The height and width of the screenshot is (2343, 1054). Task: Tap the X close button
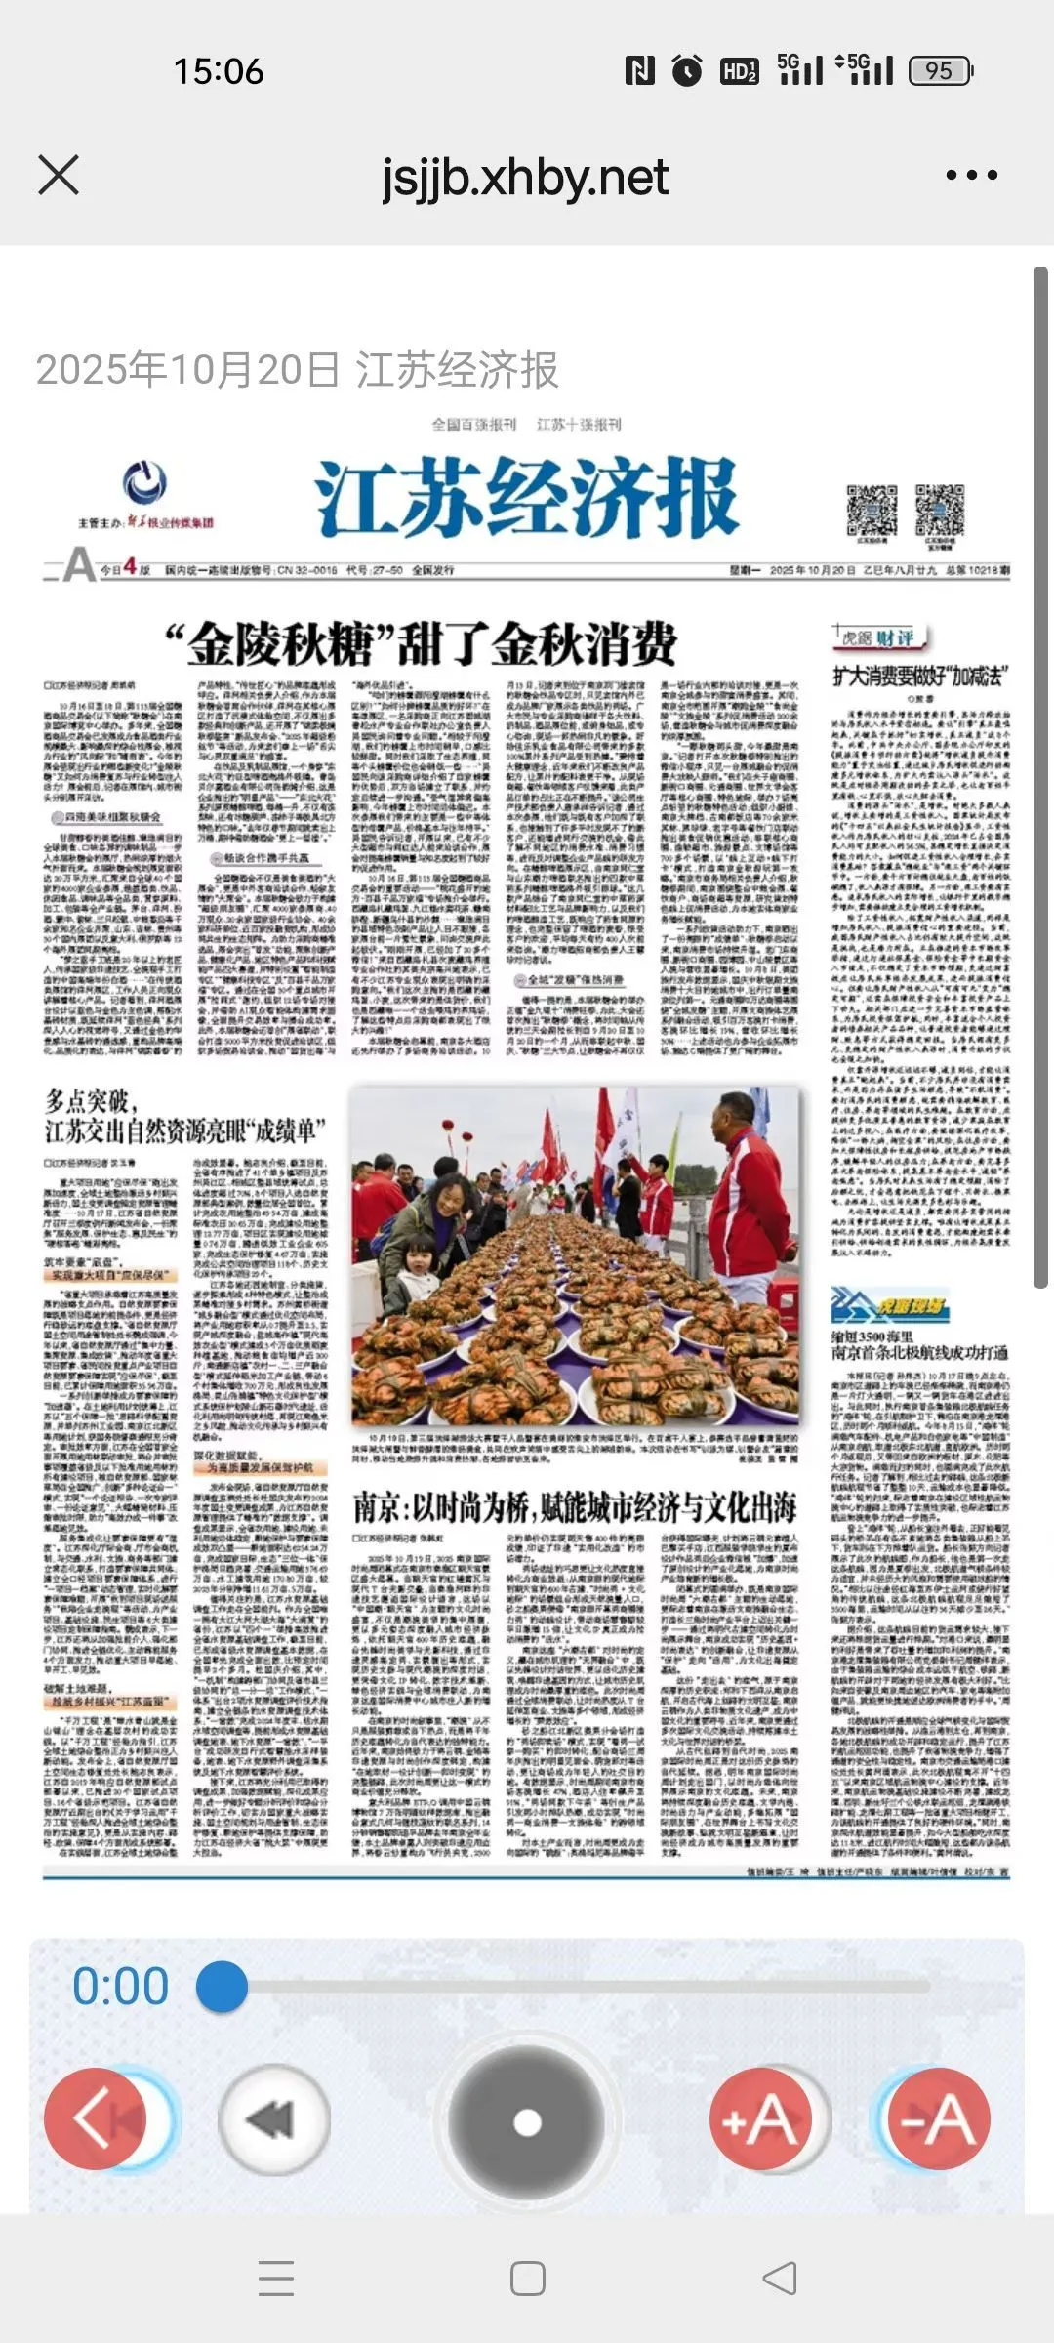(x=59, y=176)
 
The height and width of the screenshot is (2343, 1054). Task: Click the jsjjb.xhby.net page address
(x=525, y=178)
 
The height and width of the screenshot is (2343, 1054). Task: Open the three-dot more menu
(x=971, y=176)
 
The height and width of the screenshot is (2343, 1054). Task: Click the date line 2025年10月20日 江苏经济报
(x=297, y=370)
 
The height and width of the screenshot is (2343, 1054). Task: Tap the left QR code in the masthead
(x=871, y=510)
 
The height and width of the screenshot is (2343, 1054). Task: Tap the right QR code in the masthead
(x=939, y=510)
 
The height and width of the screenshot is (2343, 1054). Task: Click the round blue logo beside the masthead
(x=144, y=484)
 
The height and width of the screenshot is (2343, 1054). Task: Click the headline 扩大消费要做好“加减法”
(x=918, y=676)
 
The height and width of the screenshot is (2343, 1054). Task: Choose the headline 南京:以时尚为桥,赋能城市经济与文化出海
(x=575, y=1508)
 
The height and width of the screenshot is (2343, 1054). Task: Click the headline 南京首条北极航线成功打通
(x=919, y=1353)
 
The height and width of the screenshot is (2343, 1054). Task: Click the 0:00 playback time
(x=121, y=1987)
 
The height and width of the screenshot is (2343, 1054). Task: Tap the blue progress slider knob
(x=223, y=1987)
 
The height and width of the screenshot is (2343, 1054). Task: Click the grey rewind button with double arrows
(x=273, y=2119)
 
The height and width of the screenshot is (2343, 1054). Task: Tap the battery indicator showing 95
(x=940, y=70)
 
